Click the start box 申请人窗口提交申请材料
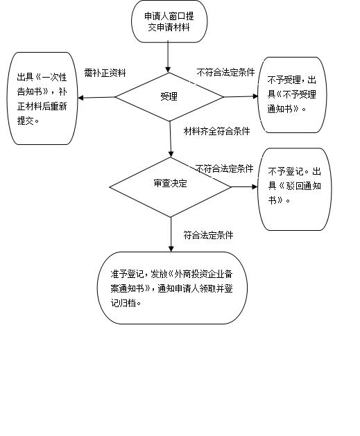point(169,21)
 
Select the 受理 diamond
point(169,97)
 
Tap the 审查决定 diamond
point(170,187)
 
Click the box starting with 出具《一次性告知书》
point(42,98)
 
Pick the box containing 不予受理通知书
point(292,95)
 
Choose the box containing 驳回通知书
point(295,189)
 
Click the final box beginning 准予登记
point(172,288)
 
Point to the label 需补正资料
point(105,73)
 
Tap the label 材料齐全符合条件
point(216,131)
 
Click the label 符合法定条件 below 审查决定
point(208,235)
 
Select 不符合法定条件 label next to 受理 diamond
point(225,72)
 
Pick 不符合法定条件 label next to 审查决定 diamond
point(224,168)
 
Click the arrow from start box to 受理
point(168,58)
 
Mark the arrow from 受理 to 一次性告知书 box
point(96,98)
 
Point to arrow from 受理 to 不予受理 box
point(241,96)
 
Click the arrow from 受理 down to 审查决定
point(171,139)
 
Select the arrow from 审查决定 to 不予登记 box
point(245,186)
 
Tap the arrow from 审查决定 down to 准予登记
point(171,234)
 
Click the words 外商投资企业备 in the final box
point(204,274)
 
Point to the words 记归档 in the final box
point(123,303)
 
